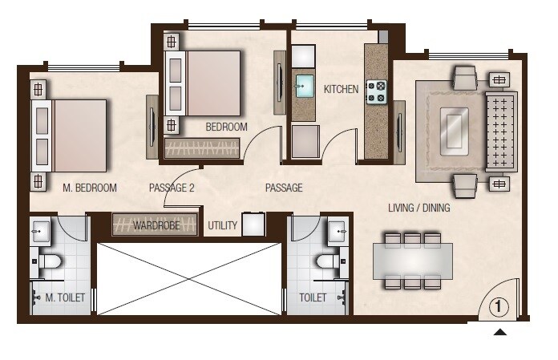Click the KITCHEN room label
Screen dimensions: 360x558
click(341, 89)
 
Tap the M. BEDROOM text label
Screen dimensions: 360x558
click(90, 188)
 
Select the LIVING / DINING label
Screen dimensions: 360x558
click(418, 208)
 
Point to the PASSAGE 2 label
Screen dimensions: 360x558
click(172, 188)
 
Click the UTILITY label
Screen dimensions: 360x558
click(222, 226)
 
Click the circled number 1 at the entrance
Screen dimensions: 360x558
click(498, 305)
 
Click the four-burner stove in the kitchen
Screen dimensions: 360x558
click(376, 92)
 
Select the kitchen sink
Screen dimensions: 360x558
click(305, 86)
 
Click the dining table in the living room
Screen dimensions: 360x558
click(412, 261)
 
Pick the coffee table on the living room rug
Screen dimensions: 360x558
click(454, 127)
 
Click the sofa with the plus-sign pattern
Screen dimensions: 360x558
click(501, 131)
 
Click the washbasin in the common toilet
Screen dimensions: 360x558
click(338, 231)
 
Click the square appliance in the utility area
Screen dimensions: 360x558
click(253, 224)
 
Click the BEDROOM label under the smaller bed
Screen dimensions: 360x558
click(226, 127)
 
